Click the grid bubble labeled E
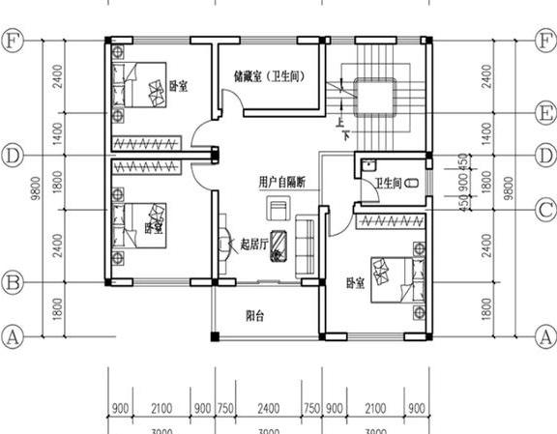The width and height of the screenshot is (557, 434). pos(545,110)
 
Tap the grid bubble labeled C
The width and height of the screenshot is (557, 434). pos(545,207)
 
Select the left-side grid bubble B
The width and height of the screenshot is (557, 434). pos(13,283)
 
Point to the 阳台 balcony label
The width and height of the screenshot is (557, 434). pos(256,314)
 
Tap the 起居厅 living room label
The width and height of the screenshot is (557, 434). pos(255,246)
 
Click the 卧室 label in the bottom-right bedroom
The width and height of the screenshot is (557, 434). pos(356,283)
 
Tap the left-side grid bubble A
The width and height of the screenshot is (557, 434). pos(13,337)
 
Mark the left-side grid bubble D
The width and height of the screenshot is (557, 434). pos(13,155)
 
